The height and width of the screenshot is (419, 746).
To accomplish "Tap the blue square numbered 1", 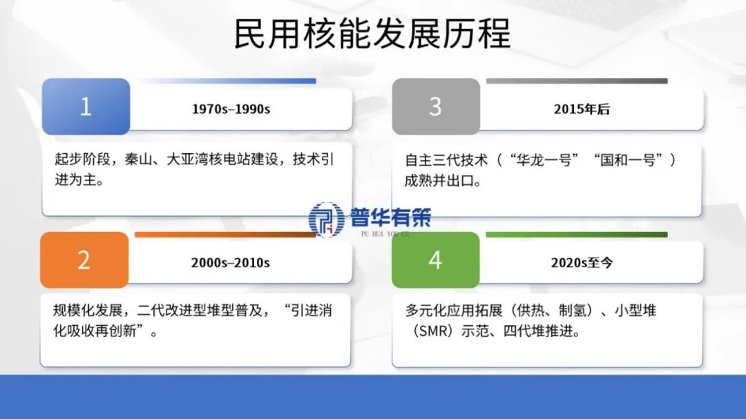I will [x=86, y=106].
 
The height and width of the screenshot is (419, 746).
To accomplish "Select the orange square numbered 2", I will [x=84, y=260].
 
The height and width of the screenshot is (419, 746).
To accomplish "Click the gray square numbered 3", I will [x=435, y=106].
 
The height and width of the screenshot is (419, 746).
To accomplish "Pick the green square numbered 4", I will [x=435, y=260].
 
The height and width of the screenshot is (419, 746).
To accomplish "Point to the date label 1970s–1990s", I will [x=231, y=109].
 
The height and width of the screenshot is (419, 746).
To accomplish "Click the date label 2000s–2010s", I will [x=231, y=262].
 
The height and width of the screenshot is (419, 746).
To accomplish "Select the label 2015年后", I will [x=582, y=109].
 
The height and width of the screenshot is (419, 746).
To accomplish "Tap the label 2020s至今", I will [x=582, y=262].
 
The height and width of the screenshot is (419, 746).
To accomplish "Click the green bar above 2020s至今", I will [x=576, y=235].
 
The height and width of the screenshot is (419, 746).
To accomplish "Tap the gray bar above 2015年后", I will [x=576, y=81].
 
